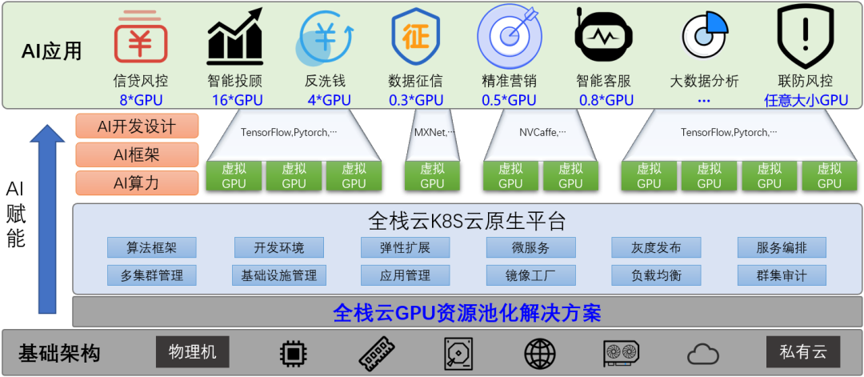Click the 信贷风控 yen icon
pyautogui.click(x=140, y=38)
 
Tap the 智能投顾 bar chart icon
pyautogui.click(x=234, y=37)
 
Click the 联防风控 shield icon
pyautogui.click(x=805, y=37)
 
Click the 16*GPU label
pyautogui.click(x=237, y=100)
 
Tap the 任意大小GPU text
pyautogui.click(x=806, y=100)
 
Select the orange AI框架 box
pyautogui.click(x=136, y=154)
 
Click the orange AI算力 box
pyautogui.click(x=136, y=182)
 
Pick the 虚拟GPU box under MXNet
pyautogui.click(x=432, y=176)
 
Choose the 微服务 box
pyautogui.click(x=530, y=247)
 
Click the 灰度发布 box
pyautogui.click(x=656, y=247)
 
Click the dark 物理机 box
pyautogui.click(x=192, y=351)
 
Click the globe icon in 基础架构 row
pyautogui.click(x=540, y=353)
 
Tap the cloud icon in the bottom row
pyautogui.click(x=702, y=353)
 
